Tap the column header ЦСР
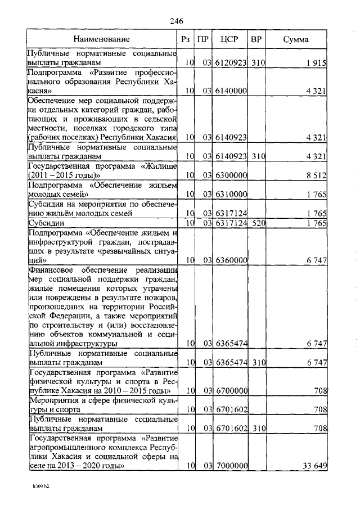click(229, 39)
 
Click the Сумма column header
click(295, 39)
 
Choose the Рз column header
click(186, 39)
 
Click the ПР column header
click(203, 39)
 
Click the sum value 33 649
click(314, 466)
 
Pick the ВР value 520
click(258, 223)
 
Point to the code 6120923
click(230, 62)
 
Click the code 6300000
click(230, 175)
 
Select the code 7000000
click(230, 466)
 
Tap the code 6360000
click(230, 260)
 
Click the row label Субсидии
click(44, 223)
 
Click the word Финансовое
click(51, 270)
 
